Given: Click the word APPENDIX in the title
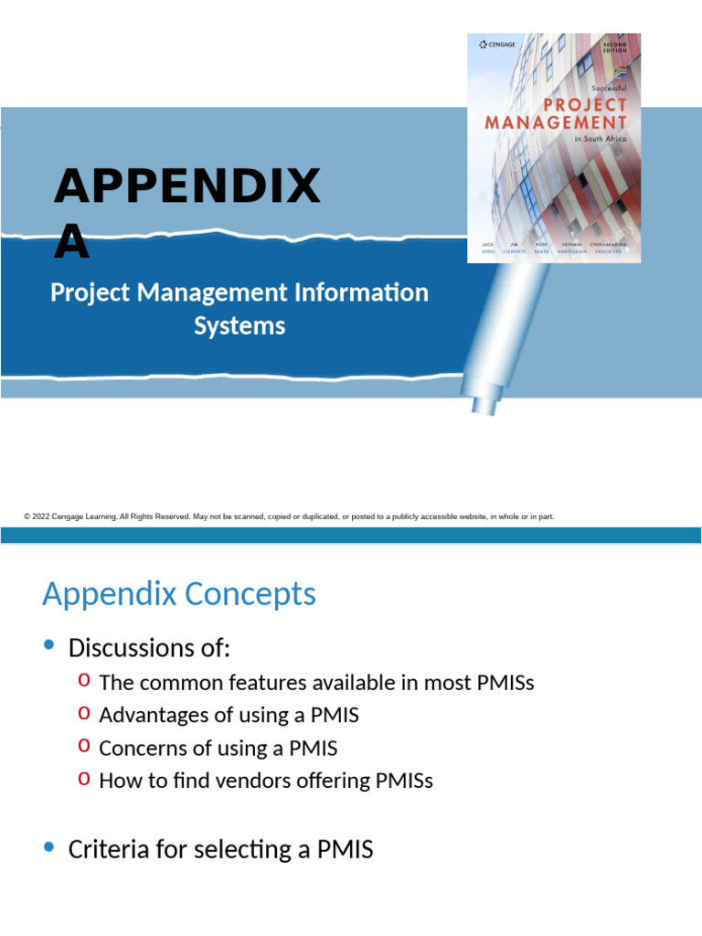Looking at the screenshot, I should (x=187, y=187).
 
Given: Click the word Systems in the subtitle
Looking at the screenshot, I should (x=239, y=325).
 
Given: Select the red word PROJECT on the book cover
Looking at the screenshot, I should (x=585, y=105).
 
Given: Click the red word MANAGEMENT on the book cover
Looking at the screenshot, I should (x=556, y=122).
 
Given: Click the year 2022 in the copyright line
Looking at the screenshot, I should (x=42, y=517).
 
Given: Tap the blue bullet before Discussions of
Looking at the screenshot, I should (x=49, y=646).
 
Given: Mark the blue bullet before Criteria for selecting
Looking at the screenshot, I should (x=49, y=847).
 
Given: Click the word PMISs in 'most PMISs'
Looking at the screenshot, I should (x=503, y=682).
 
